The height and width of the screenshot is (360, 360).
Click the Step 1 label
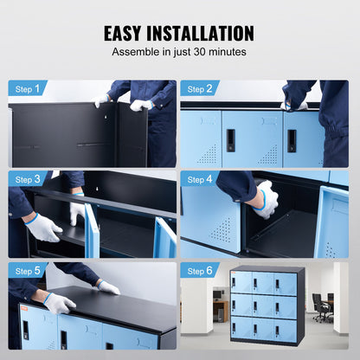[x=28, y=88]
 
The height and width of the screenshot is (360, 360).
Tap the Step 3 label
[x=28, y=179]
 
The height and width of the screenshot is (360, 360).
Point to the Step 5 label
[x=28, y=271]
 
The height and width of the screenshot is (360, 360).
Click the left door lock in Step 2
[x=230, y=140]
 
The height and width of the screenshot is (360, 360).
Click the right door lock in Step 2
[x=292, y=140]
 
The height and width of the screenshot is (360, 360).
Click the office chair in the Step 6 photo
[x=324, y=305]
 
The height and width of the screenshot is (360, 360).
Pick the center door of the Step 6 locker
[x=266, y=306]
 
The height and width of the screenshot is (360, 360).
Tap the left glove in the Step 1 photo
[x=103, y=100]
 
